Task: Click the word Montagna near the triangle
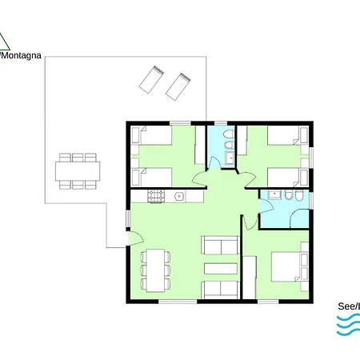[22, 56]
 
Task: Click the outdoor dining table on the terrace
[78, 170]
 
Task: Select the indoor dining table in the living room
[156, 270]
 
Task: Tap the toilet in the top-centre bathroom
[227, 135]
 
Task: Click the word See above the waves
[349, 306]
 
